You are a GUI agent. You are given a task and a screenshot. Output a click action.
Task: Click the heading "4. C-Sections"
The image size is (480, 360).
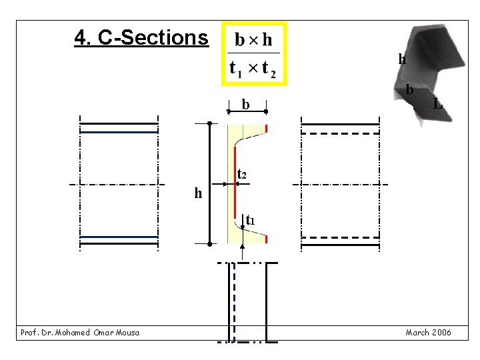[141, 37]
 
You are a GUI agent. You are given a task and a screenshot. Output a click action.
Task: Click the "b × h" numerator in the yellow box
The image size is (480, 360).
[253, 40]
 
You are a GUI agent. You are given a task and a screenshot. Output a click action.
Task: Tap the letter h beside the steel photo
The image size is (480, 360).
[402, 59]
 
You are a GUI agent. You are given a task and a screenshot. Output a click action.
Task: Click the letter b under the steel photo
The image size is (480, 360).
[410, 89]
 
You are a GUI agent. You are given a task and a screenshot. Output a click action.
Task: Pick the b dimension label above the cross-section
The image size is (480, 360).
[246, 104]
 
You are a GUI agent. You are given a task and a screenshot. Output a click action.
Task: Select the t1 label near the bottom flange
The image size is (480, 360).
[250, 219]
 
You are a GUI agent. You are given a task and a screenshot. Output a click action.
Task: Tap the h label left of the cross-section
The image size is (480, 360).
[198, 193]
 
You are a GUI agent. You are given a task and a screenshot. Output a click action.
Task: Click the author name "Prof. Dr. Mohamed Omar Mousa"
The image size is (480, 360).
[80, 332]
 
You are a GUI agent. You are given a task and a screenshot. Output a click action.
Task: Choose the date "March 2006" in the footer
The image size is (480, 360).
[428, 332]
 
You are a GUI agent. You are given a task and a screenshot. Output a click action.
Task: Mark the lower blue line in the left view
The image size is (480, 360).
[119, 237]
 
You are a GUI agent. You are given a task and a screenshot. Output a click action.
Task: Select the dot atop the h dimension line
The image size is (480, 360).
[209, 124]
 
